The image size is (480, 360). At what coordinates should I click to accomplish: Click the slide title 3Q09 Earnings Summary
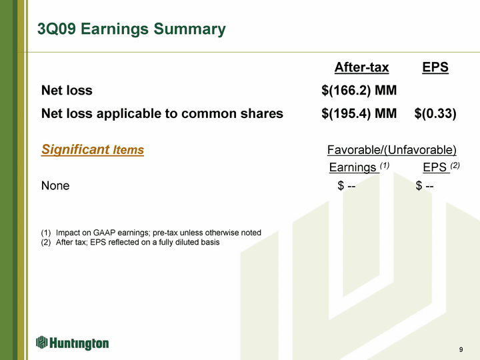pyautogui.click(x=131, y=29)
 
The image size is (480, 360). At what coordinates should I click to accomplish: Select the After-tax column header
pyautogui.click(x=361, y=67)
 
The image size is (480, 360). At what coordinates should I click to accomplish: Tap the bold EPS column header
pyautogui.click(x=435, y=67)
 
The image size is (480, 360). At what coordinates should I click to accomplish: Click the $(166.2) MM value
pyautogui.click(x=359, y=90)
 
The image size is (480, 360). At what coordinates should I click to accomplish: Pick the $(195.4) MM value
pyautogui.click(x=359, y=113)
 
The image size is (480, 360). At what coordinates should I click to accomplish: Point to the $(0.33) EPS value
pyautogui.click(x=435, y=113)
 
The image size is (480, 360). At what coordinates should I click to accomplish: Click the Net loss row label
pyautogui.click(x=67, y=90)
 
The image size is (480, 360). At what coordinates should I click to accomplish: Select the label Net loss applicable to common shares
pyautogui.click(x=162, y=113)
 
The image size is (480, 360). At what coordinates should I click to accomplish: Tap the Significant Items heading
pyautogui.click(x=93, y=150)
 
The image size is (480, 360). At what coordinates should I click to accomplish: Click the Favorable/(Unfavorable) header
pyautogui.click(x=392, y=150)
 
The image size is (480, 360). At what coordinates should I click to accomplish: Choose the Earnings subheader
pyautogui.click(x=359, y=167)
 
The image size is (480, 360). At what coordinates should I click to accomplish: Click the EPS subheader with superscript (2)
pyautogui.click(x=441, y=167)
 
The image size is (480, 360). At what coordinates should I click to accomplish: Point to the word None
pyautogui.click(x=55, y=185)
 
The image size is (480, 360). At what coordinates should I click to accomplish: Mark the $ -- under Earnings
pyautogui.click(x=347, y=185)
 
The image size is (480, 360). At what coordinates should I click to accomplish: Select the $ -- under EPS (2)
pyautogui.click(x=425, y=185)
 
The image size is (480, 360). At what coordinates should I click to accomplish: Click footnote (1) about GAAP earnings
pyautogui.click(x=151, y=233)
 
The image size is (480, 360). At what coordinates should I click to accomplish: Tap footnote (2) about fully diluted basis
pyautogui.click(x=131, y=242)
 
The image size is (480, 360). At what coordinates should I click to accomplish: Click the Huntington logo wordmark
pyautogui.click(x=79, y=343)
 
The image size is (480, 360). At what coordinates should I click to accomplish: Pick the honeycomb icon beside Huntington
pyautogui.click(x=41, y=342)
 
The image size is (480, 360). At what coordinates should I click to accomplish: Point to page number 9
pyautogui.click(x=461, y=349)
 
